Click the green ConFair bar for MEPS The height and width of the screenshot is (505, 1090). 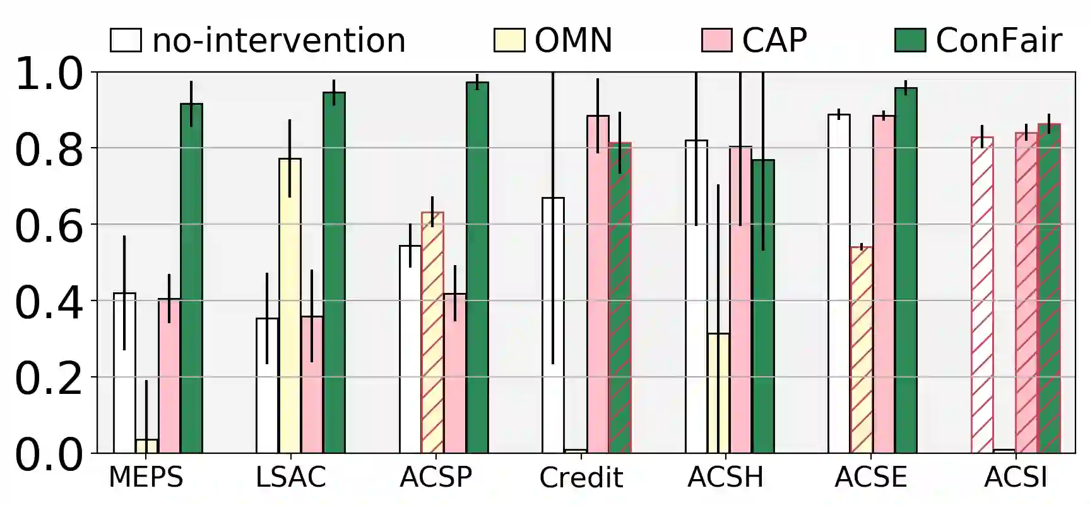coord(191,278)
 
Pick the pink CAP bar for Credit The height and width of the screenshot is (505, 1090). coord(598,284)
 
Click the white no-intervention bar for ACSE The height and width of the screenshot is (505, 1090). coord(839,283)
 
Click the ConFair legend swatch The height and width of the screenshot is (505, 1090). coord(910,40)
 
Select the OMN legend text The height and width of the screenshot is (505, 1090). coord(573,40)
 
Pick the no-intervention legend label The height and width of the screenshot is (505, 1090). coord(278,40)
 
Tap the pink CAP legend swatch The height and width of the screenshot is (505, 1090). coord(716,40)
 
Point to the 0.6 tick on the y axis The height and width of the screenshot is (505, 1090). coord(49,226)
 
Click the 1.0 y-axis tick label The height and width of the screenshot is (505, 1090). coord(49,74)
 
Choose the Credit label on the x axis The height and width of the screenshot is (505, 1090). coord(581,478)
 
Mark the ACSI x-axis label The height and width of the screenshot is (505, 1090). coord(1016,477)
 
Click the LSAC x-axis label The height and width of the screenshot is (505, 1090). coord(291,477)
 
